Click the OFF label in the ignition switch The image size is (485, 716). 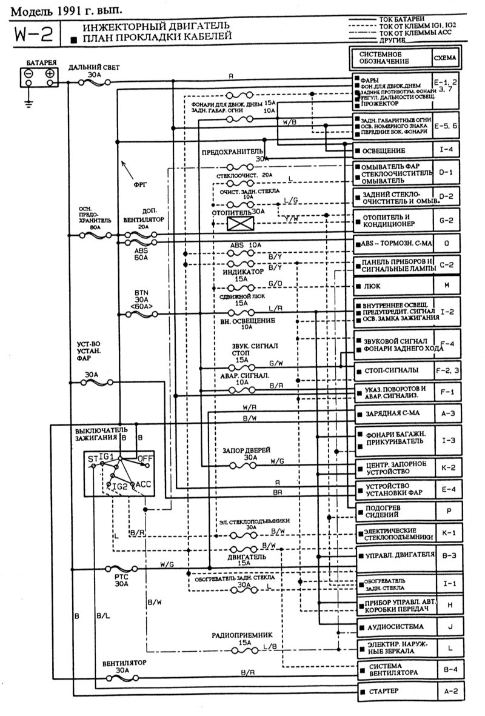[x=145, y=458]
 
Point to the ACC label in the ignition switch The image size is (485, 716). [x=143, y=484]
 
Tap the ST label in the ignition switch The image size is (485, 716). [x=92, y=459]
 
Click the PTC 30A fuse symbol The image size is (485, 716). [x=122, y=570]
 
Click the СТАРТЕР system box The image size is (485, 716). [x=393, y=691]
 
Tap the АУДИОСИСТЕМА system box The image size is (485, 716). [x=393, y=625]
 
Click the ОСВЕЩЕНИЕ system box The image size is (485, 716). [x=393, y=150]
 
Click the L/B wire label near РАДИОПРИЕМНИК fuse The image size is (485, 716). [x=270, y=647]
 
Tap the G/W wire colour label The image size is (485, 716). [x=276, y=364]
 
